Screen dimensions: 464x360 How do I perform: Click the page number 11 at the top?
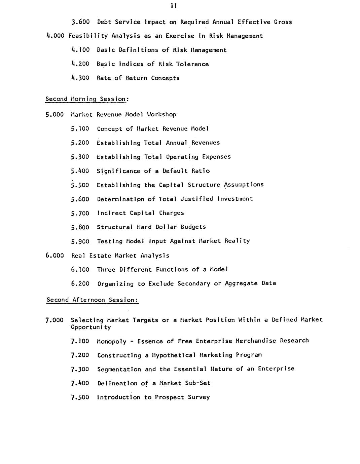click(174, 6)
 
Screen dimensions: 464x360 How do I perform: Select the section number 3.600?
click(81, 22)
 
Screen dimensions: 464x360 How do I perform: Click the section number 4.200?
click(81, 64)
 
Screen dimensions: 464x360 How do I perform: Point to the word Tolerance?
click(192, 64)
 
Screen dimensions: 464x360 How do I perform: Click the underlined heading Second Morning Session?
click(87, 99)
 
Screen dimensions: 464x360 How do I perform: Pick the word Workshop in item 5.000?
click(161, 114)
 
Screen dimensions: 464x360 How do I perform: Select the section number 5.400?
click(80, 171)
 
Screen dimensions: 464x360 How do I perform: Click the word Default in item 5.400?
click(175, 171)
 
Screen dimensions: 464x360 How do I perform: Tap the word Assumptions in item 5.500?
click(244, 185)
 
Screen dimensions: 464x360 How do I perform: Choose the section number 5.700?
click(80, 213)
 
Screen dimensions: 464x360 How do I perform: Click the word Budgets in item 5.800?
click(193, 227)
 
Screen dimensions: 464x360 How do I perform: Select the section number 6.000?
click(55, 256)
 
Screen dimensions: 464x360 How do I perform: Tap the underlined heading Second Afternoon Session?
click(93, 300)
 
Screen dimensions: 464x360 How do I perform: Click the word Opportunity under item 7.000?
click(91, 327)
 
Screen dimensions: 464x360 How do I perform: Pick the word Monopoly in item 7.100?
click(112, 341)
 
